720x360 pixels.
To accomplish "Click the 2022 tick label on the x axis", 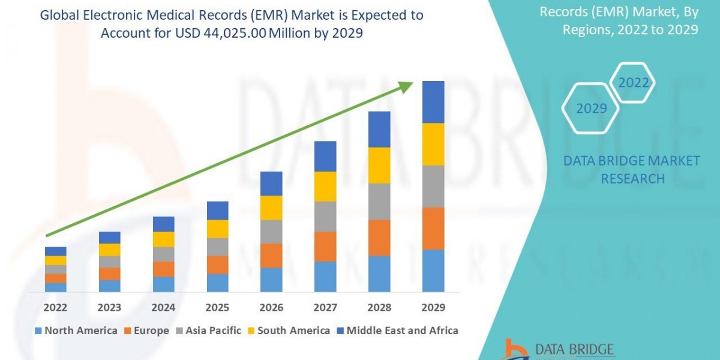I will pyautogui.click(x=55, y=307).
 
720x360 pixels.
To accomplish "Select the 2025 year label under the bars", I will pyautogui.click(x=217, y=307).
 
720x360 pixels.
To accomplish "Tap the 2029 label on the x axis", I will pyautogui.click(x=433, y=307).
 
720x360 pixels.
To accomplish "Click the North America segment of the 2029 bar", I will pyautogui.click(x=433, y=271).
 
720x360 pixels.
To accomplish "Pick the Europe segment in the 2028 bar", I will pyautogui.click(x=379, y=238).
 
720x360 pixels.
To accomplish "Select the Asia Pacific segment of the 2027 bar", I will pyautogui.click(x=325, y=216).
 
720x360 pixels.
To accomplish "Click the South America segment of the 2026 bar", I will pyautogui.click(x=271, y=208).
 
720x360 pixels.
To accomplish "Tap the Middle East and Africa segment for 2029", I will pyautogui.click(x=433, y=102).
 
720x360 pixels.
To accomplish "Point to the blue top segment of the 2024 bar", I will pyautogui.click(x=163, y=224).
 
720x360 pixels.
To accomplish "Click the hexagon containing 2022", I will pyautogui.click(x=634, y=83).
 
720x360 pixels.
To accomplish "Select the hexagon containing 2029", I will pyautogui.click(x=591, y=109).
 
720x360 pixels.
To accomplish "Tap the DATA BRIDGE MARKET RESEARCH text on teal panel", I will pyautogui.click(x=632, y=170).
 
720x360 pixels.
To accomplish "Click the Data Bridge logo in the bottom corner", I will pyautogui.click(x=552, y=350).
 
